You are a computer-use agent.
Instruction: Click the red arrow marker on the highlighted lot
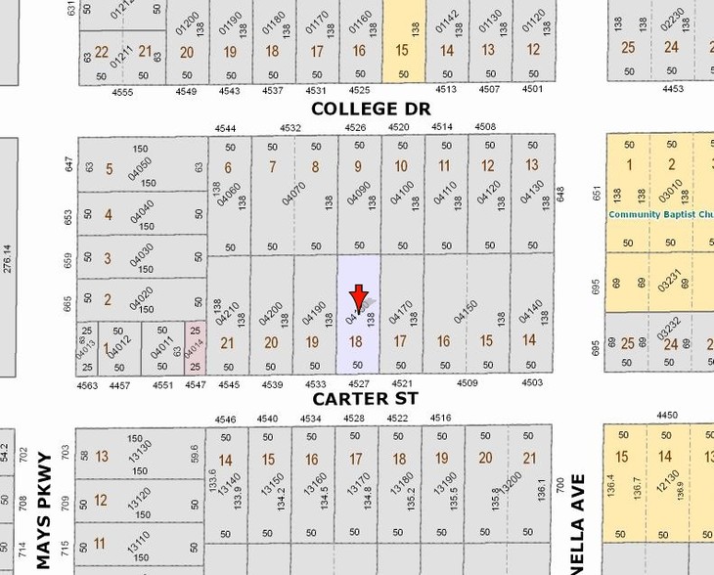[x=359, y=296]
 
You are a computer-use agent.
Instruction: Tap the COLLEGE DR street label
[x=371, y=109]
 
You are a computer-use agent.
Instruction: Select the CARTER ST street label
[x=365, y=399]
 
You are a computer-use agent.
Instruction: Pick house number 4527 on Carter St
[x=359, y=384]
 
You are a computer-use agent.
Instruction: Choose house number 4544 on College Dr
[x=226, y=128]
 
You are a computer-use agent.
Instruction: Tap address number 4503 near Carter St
[x=531, y=383]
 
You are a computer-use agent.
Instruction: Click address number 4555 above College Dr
[x=122, y=91]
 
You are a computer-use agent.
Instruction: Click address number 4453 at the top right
[x=673, y=89]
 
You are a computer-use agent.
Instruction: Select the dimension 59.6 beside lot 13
[x=195, y=455]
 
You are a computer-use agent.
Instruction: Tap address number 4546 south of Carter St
[x=226, y=419]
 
